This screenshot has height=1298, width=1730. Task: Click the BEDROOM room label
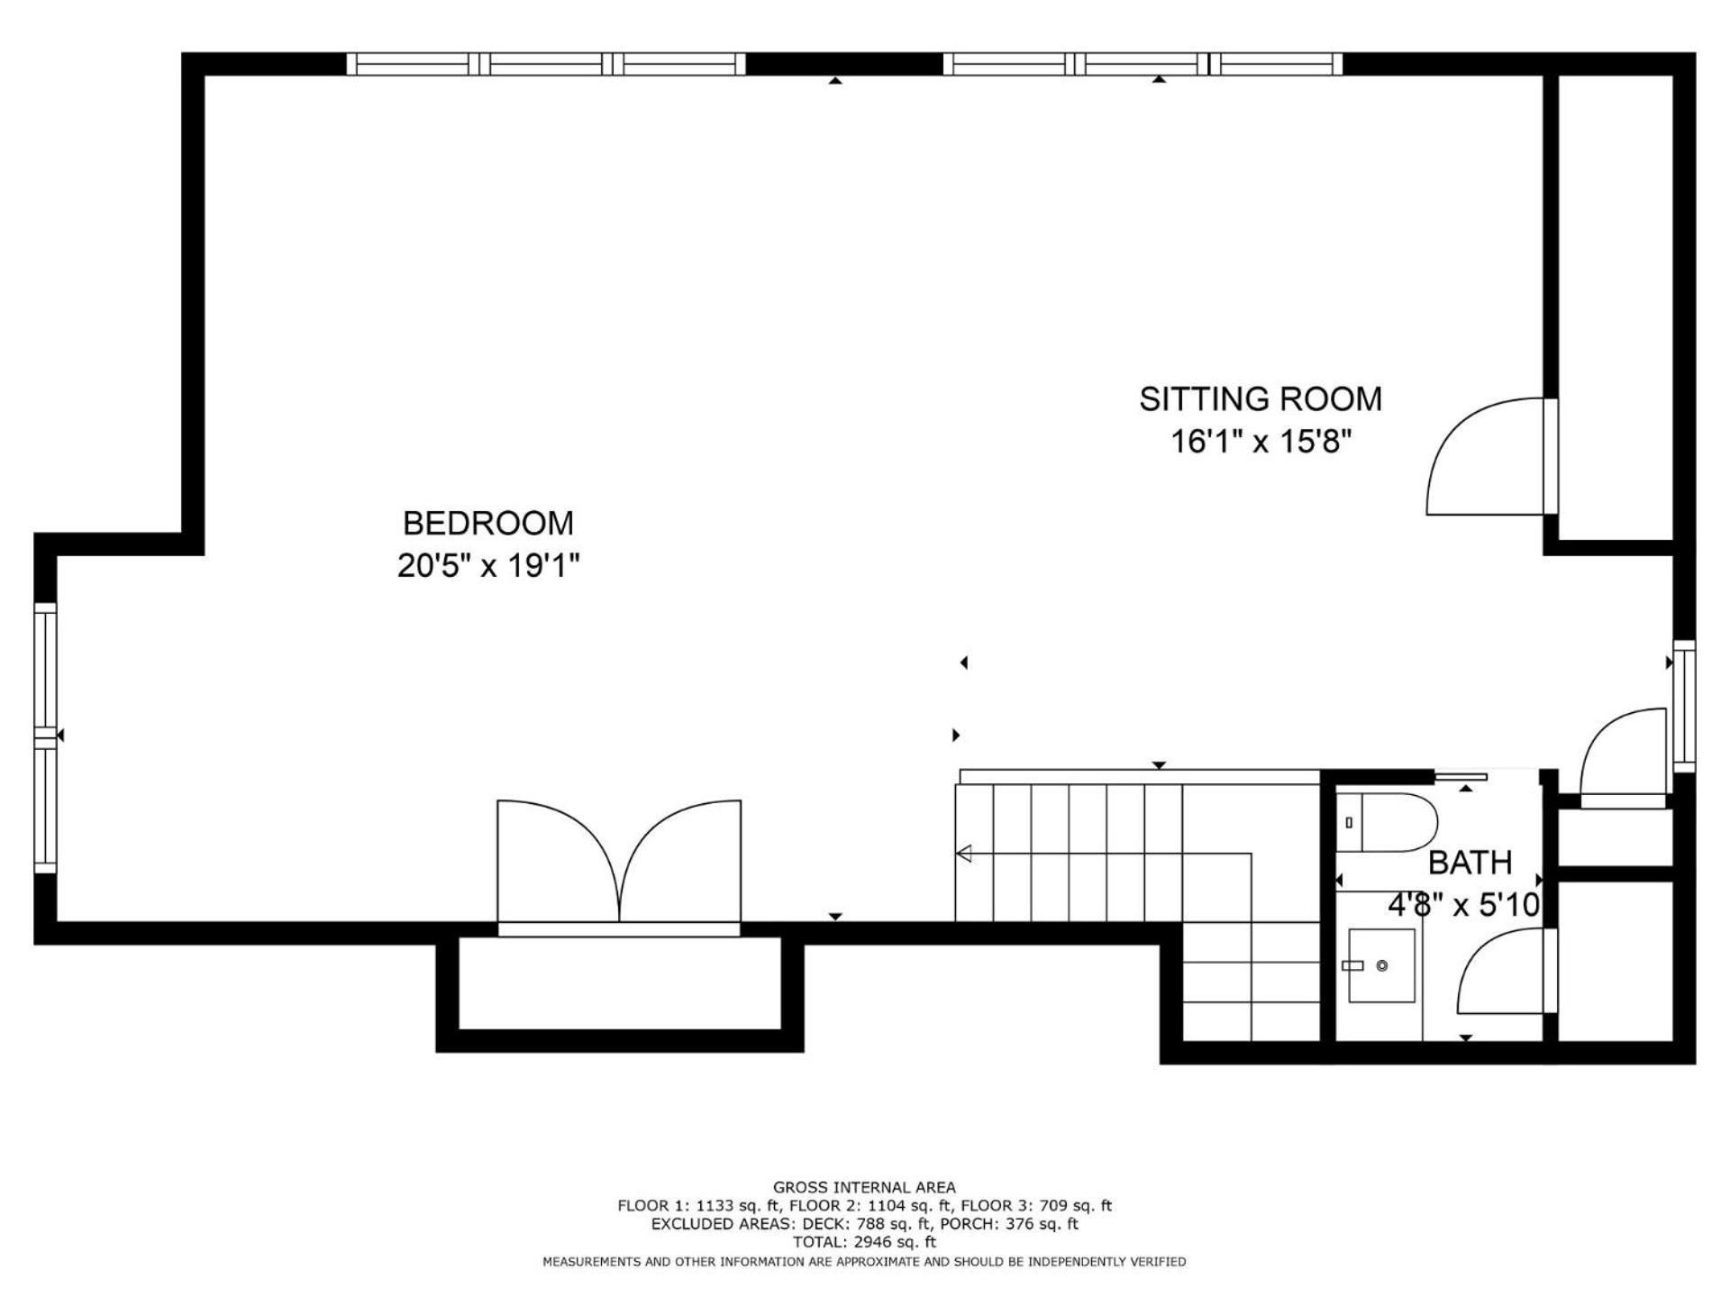(x=487, y=523)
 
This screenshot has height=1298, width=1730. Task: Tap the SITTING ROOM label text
(x=1261, y=398)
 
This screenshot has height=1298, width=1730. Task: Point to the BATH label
(x=1470, y=863)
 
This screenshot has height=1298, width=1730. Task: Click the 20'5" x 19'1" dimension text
(x=487, y=566)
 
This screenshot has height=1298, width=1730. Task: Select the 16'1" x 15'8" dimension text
(x=1261, y=442)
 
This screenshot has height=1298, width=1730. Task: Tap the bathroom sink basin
(x=1380, y=965)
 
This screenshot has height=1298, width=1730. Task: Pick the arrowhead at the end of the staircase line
(x=963, y=853)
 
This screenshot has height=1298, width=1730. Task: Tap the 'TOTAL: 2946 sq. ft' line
(x=864, y=1241)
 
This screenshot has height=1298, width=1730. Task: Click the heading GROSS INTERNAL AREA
(x=864, y=1187)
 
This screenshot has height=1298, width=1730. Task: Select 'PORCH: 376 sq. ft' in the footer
(x=1009, y=1223)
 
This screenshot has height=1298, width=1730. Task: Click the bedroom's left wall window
(x=45, y=737)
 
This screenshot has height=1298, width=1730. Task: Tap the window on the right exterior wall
(x=1684, y=706)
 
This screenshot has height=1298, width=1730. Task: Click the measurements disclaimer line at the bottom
(x=864, y=1262)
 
